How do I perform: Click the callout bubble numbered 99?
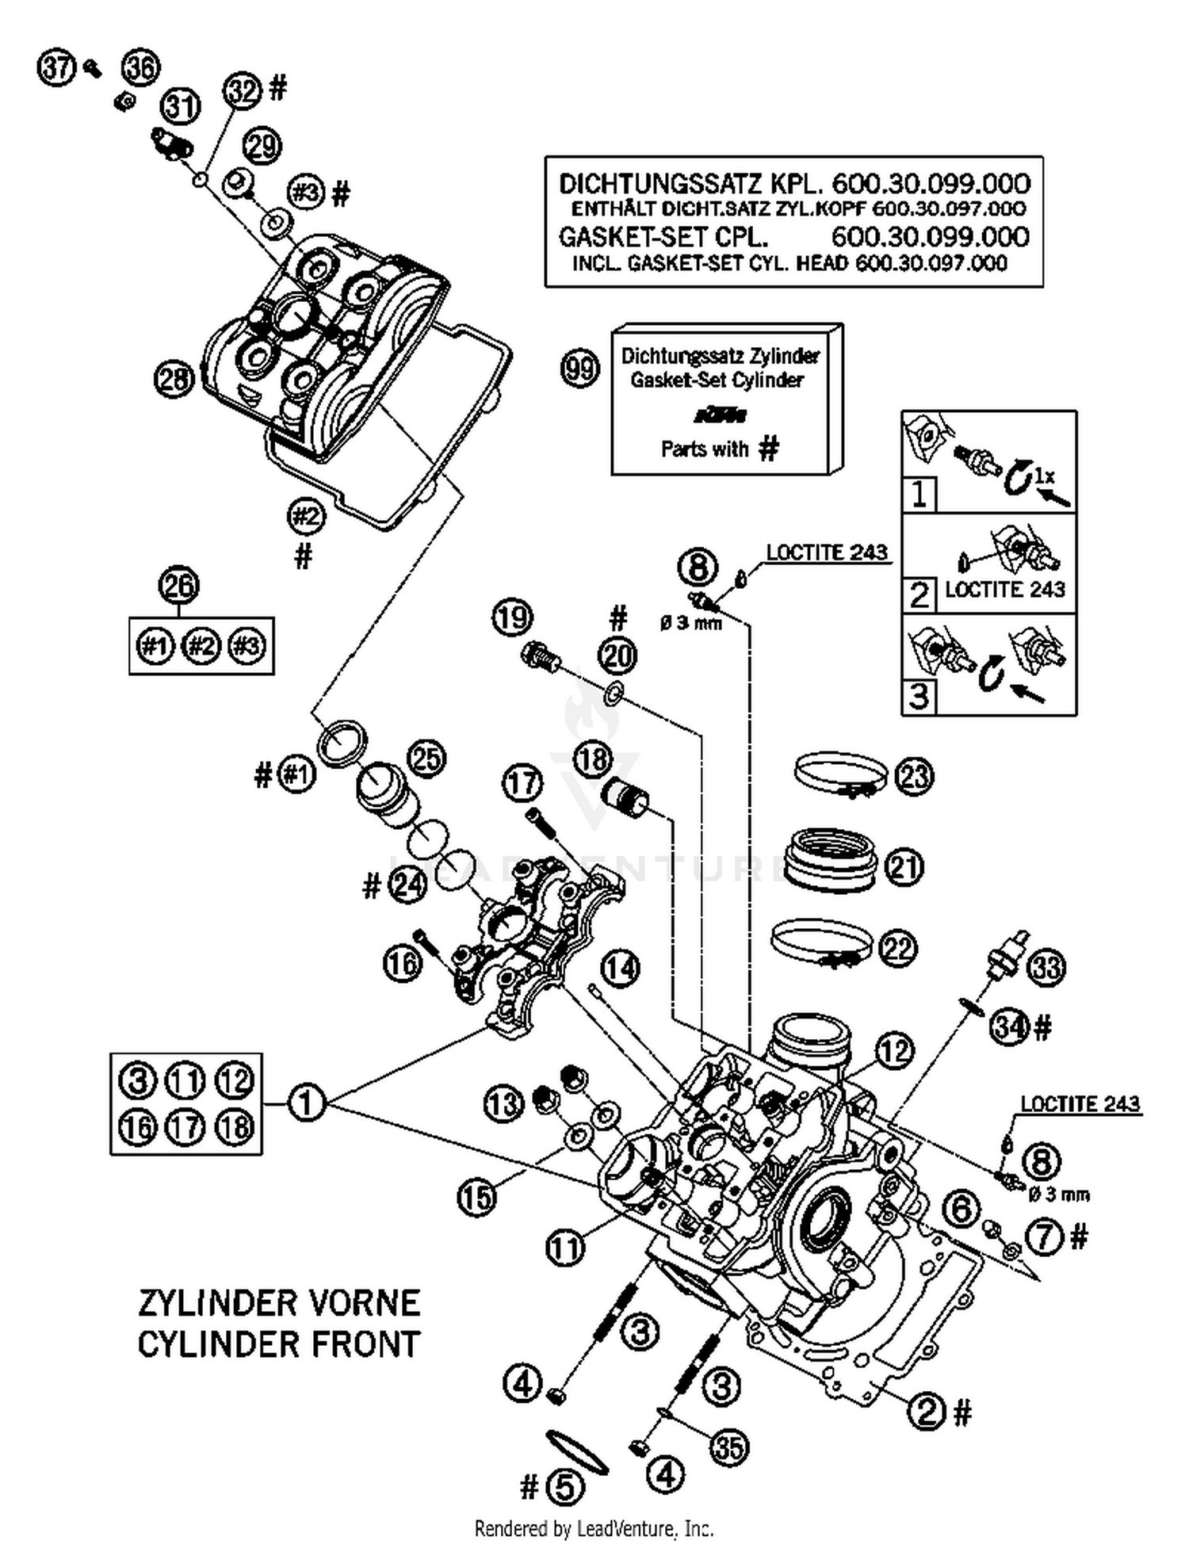(x=579, y=369)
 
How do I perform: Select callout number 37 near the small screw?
(x=56, y=68)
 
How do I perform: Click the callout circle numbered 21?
(x=904, y=866)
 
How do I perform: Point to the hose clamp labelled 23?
(x=840, y=774)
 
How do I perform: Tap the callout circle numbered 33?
(x=1046, y=967)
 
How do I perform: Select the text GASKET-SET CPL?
(x=663, y=237)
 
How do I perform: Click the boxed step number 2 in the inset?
(x=919, y=594)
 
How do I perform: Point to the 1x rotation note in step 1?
(x=1045, y=476)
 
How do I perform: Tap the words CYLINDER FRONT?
(x=278, y=1344)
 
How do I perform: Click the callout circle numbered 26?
(x=178, y=586)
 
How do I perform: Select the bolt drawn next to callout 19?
(x=540, y=656)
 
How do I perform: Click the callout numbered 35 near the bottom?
(x=728, y=1447)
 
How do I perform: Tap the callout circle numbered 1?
(x=306, y=1103)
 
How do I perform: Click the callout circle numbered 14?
(x=619, y=968)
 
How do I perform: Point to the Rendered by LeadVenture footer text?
(x=594, y=1527)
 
